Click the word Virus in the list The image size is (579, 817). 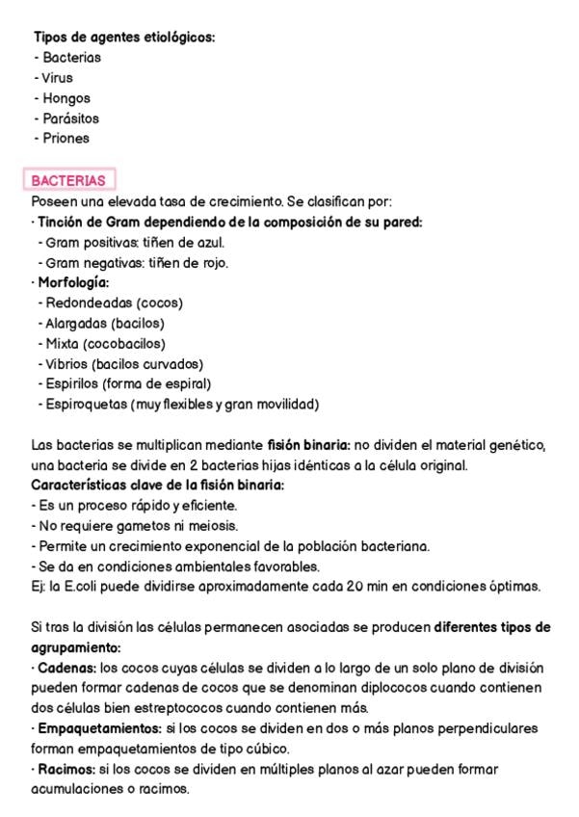click(x=57, y=78)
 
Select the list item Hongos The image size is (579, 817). click(x=66, y=98)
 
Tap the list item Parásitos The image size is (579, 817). click(x=70, y=119)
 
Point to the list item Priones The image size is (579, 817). click(x=66, y=138)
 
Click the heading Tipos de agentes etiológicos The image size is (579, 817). click(x=124, y=37)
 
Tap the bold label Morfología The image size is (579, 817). click(x=72, y=282)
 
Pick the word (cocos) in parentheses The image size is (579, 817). click(x=159, y=303)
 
